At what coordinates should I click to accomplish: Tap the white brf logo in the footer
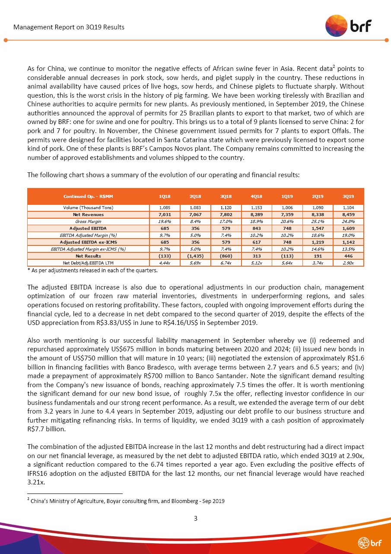[x=370, y=542]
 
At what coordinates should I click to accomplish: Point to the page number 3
[x=195, y=518]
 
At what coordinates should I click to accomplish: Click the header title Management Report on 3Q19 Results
[x=69, y=27]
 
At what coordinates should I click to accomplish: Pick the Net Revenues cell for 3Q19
[x=348, y=214]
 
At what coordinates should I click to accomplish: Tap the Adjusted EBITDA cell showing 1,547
[x=318, y=228]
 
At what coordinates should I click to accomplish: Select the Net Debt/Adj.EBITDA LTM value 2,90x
[x=348, y=262]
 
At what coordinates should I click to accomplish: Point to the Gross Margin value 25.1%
[x=318, y=221]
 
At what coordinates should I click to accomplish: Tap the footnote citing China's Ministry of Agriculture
[x=126, y=501]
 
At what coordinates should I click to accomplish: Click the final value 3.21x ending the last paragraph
[x=36, y=482]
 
